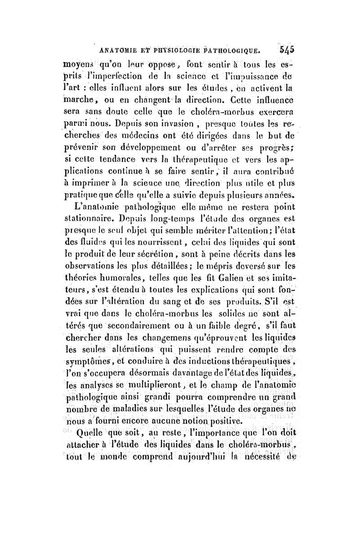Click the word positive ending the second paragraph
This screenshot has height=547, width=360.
223,409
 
